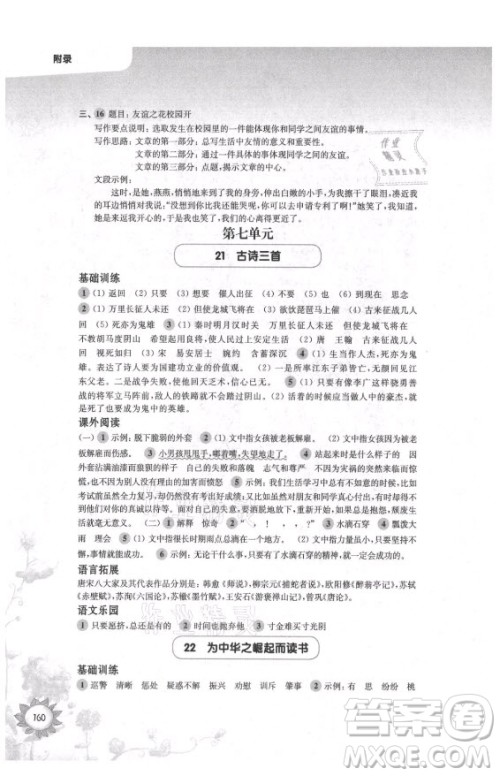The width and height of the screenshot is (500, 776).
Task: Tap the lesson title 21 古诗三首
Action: point(249,258)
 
